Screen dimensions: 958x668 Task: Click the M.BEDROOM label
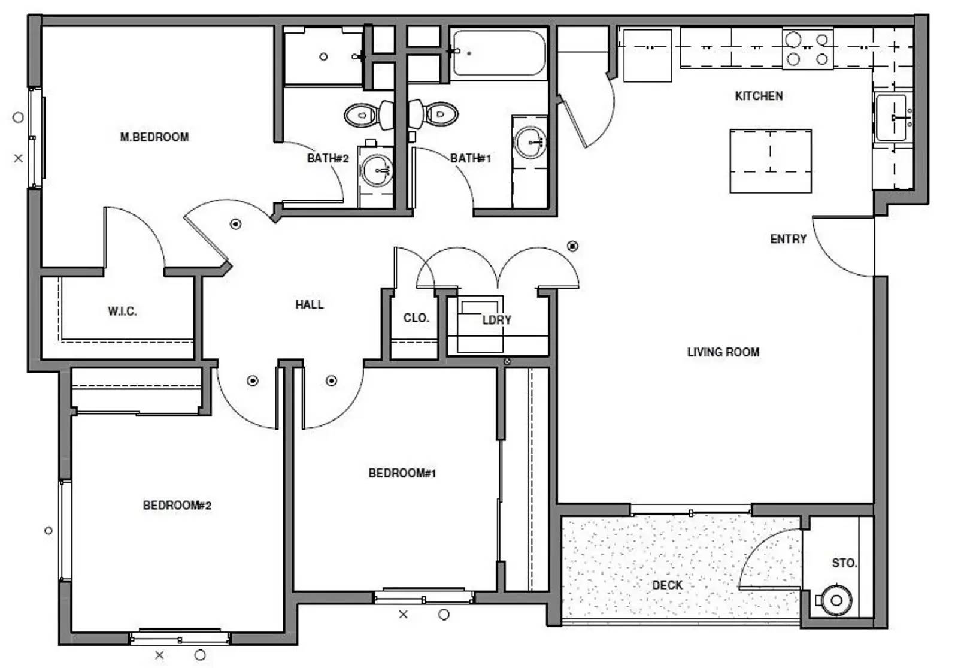154,137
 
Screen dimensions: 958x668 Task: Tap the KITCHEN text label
759,96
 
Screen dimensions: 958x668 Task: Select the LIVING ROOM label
724,352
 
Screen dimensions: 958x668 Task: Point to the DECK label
668,585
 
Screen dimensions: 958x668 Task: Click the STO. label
845,563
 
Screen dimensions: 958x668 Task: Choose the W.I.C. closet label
122,311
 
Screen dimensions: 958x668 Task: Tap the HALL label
310,305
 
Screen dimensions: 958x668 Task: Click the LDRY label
497,320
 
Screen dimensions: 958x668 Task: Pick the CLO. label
416,318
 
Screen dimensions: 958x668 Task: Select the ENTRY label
788,239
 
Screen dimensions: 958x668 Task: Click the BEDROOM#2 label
177,506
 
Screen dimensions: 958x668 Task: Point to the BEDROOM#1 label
402,473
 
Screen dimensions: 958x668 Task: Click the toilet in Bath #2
369,115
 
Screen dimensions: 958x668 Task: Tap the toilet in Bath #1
433,114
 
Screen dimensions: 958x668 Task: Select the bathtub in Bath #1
499,53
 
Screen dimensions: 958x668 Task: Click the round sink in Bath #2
377,170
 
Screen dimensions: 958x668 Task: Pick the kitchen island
771,161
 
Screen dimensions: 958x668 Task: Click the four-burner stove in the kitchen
808,49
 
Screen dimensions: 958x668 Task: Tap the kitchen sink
892,117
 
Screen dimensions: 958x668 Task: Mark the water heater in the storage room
836,600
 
